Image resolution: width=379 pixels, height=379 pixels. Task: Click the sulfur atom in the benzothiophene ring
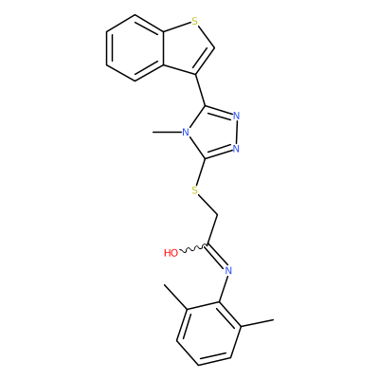click(x=195, y=22)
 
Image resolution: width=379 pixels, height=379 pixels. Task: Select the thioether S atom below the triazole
click(x=195, y=190)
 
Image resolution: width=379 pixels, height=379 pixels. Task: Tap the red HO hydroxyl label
click(x=171, y=253)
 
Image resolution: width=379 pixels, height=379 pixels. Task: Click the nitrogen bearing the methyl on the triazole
click(x=186, y=132)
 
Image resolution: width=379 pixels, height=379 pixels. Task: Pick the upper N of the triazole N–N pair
click(x=236, y=116)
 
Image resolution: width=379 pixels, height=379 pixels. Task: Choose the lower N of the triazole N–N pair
click(x=236, y=148)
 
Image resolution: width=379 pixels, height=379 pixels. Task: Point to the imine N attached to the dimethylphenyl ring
click(x=228, y=270)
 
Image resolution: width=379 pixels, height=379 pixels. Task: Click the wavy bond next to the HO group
click(x=193, y=248)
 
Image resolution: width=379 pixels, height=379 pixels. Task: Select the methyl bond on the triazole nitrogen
click(x=168, y=132)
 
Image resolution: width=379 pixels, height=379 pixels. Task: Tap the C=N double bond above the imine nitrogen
click(x=215, y=256)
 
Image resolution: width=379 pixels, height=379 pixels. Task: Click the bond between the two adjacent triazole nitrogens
click(x=236, y=132)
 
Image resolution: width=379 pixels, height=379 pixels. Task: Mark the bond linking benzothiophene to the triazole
click(x=201, y=90)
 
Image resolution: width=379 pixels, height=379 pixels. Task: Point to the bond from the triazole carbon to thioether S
click(x=201, y=171)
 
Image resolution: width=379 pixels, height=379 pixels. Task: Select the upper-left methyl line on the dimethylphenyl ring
click(x=176, y=297)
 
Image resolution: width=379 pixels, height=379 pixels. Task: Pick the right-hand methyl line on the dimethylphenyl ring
click(x=257, y=323)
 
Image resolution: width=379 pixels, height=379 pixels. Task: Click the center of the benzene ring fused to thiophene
click(x=135, y=48)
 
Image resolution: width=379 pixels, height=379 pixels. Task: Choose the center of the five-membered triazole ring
click(x=211, y=132)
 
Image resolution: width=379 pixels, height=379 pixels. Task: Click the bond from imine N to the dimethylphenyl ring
click(x=224, y=288)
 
